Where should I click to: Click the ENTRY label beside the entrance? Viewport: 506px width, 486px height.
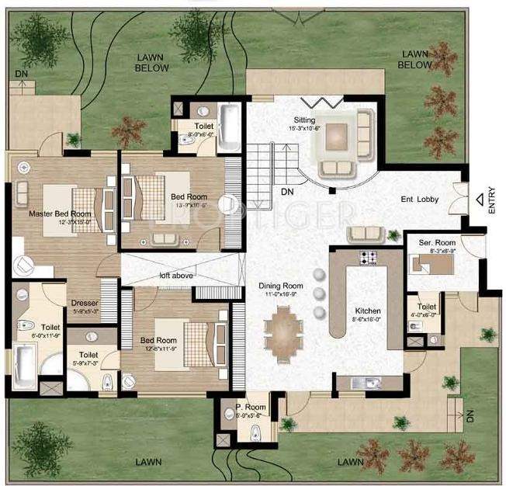click(490, 200)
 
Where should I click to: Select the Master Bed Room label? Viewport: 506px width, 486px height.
click(59, 213)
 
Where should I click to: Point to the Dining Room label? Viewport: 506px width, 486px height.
click(280, 286)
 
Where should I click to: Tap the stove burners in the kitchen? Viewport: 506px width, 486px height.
click(366, 257)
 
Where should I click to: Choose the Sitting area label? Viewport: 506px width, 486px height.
click(303, 120)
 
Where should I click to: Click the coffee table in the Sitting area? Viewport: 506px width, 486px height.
click(337, 135)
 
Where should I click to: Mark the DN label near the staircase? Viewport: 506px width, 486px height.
click(287, 191)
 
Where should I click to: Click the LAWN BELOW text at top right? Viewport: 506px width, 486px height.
click(414, 59)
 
